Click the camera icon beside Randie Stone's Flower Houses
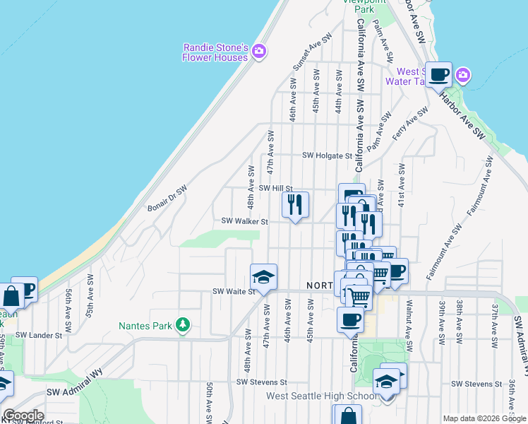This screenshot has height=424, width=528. pyautogui.click(x=259, y=51)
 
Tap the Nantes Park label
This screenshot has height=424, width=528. pyautogui.click(x=145, y=325)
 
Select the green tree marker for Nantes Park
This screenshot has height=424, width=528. pyautogui.click(x=184, y=324)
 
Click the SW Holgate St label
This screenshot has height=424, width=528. pyautogui.click(x=327, y=155)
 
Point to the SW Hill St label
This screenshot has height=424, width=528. pyautogui.click(x=275, y=188)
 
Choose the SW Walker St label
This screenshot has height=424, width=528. pyautogui.click(x=245, y=221)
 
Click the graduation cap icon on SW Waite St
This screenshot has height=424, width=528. pyautogui.click(x=263, y=277)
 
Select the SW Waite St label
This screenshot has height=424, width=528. pyautogui.click(x=234, y=291)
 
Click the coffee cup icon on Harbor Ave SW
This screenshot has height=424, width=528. pyautogui.click(x=438, y=74)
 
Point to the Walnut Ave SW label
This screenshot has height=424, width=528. pyautogui.click(x=409, y=317)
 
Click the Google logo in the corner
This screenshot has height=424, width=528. pyautogui.click(x=23, y=416)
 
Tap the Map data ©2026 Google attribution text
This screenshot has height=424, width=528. pyautogui.click(x=484, y=418)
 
